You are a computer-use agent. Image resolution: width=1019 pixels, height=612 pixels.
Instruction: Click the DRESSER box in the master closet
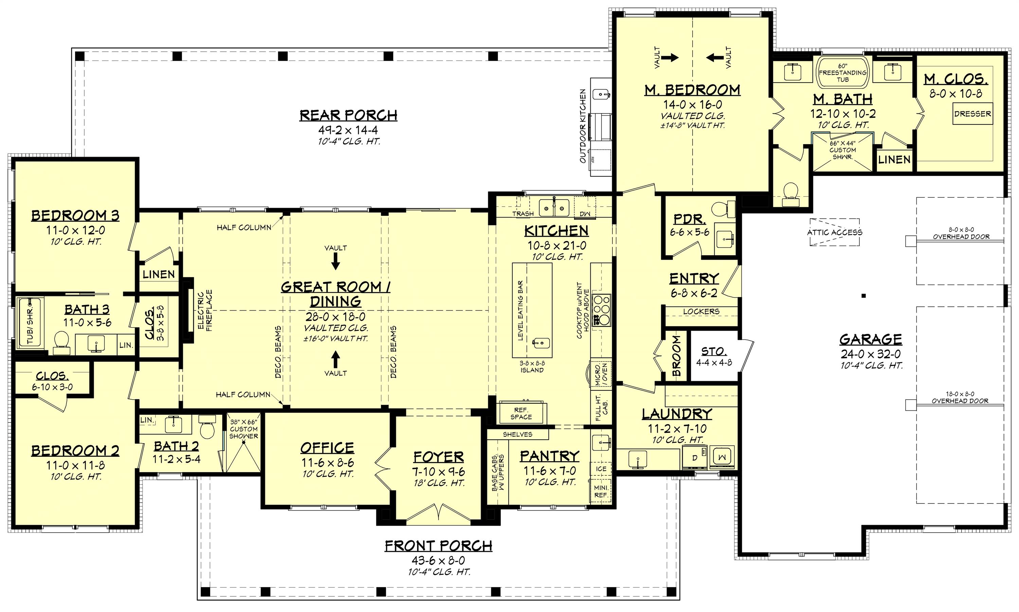click(x=972, y=114)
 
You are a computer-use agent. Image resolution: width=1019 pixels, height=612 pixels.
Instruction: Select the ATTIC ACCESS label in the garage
click(x=834, y=232)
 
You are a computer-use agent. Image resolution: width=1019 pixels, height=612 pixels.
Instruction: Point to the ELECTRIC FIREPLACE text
click(x=205, y=310)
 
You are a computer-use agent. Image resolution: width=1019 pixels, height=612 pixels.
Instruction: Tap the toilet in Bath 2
click(x=207, y=428)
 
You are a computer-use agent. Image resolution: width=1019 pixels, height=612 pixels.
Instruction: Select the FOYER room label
click(x=438, y=457)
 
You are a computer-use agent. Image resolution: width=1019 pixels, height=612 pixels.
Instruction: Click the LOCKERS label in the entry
click(x=701, y=312)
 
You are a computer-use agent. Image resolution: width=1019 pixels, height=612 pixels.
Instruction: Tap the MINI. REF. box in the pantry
click(x=601, y=491)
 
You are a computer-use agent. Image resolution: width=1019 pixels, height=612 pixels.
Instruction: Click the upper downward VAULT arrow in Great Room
click(x=336, y=261)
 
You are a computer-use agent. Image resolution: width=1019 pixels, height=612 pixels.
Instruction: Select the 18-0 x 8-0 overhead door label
click(x=960, y=398)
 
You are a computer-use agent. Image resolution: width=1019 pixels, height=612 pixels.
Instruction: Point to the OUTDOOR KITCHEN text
click(x=583, y=126)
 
